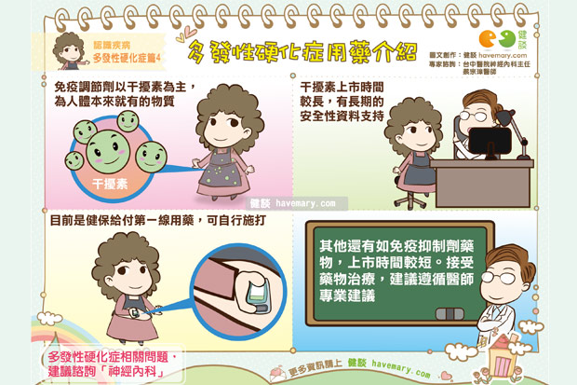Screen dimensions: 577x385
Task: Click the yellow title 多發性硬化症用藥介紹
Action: coord(302,51)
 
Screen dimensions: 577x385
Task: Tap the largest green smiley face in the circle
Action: coord(107,152)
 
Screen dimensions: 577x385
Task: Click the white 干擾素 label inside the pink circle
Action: coord(110,184)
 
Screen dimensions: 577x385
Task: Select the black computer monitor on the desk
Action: coord(490,143)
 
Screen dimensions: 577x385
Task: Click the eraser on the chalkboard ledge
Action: coord(450,314)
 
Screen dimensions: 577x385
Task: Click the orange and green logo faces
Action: coord(497,39)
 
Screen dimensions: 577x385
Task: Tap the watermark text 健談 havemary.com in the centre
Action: coord(293,203)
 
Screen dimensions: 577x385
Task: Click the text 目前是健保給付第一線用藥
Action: coord(122,221)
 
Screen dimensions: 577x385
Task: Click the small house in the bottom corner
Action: coord(501,356)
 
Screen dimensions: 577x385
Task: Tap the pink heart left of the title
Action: coord(190,31)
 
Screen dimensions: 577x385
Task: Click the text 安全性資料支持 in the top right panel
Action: coord(342,116)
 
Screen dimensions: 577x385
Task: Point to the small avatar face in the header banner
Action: coord(70,51)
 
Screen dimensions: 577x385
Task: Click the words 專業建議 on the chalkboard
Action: coord(347,295)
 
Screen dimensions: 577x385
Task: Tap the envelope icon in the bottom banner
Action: coord(278,374)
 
